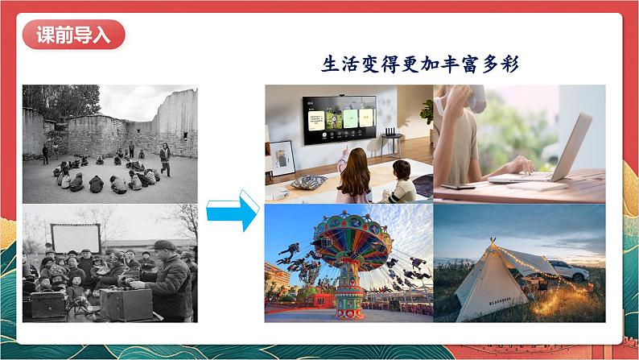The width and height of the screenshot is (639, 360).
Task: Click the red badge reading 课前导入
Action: click(x=73, y=36)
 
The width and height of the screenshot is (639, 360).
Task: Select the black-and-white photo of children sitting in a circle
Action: click(x=109, y=143)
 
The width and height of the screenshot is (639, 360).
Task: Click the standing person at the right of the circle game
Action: click(x=164, y=157)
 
